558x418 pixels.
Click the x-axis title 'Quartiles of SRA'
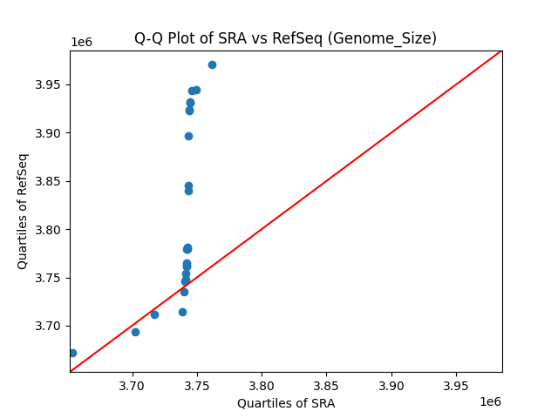point(286,403)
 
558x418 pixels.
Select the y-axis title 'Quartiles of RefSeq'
point(24,211)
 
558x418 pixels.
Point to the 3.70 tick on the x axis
point(132,373)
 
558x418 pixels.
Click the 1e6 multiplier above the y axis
point(82,42)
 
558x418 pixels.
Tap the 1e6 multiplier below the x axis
point(489,401)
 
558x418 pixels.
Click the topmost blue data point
point(212,64)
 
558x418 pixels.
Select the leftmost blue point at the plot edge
point(72,353)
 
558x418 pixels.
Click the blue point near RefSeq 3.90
point(188,136)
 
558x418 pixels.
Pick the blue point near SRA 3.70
point(135,332)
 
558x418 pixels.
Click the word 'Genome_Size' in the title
point(396,38)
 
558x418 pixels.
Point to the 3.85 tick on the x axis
point(326,373)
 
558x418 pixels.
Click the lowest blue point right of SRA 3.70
point(154,314)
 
